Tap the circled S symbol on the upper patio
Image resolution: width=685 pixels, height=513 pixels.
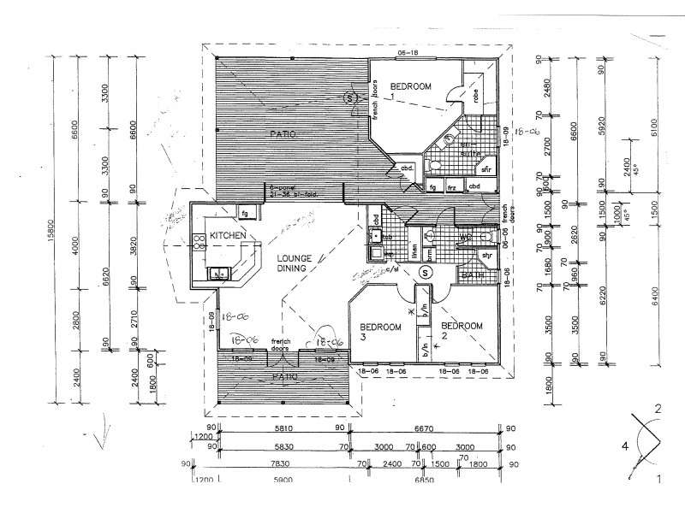point(351,98)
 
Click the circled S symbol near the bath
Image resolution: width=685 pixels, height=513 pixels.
point(425,273)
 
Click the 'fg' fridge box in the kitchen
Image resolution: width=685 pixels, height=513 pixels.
point(244,212)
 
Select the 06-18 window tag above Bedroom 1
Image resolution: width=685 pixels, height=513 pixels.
point(407,54)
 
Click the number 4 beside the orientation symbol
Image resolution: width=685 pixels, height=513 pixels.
point(625,445)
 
